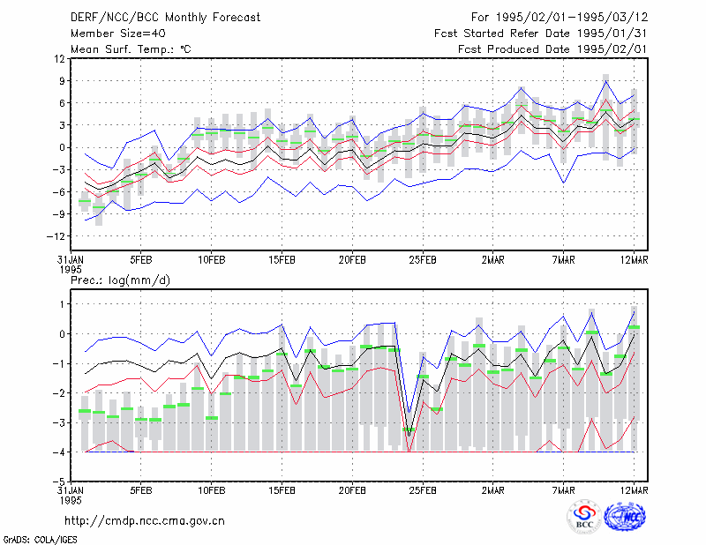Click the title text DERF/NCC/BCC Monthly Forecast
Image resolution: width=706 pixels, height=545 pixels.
click(x=165, y=18)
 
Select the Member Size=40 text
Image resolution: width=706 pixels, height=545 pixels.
click(x=118, y=34)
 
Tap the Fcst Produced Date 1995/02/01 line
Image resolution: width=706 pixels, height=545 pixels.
click(x=552, y=49)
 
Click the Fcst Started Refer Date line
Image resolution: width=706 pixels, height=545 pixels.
click(x=541, y=34)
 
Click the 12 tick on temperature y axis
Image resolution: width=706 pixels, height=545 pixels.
click(x=59, y=59)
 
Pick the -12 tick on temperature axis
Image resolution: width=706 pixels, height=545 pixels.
click(x=56, y=236)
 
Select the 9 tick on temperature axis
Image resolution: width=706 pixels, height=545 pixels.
click(x=62, y=81)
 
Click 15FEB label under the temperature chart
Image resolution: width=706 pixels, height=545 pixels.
click(x=282, y=260)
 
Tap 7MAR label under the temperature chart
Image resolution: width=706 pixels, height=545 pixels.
click(x=563, y=260)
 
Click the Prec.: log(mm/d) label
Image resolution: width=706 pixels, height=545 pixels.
click(x=120, y=280)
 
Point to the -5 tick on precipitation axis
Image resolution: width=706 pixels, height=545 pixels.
click(x=59, y=482)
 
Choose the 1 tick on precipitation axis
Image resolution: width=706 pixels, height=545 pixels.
click(x=63, y=304)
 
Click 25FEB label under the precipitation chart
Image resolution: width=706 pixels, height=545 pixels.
click(x=423, y=490)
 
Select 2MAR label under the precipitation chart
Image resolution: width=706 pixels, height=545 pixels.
click(x=493, y=490)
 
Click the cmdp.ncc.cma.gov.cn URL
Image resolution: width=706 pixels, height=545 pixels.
click(x=145, y=521)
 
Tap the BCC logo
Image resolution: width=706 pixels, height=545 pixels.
click(x=584, y=517)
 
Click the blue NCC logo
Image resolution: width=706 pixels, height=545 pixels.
click(x=625, y=517)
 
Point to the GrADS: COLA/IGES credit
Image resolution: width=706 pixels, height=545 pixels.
click(x=40, y=540)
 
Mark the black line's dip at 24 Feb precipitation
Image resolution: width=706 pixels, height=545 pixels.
click(x=409, y=435)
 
